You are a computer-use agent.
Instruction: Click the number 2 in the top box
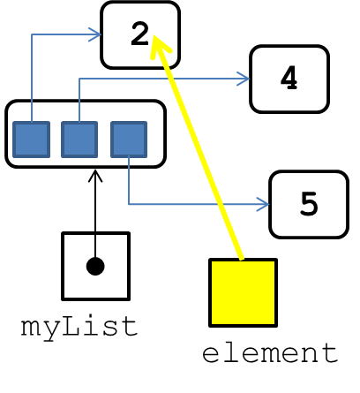(x=139, y=34)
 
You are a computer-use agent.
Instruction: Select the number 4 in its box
(x=289, y=78)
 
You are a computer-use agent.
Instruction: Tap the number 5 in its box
(x=309, y=203)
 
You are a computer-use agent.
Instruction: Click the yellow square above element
(x=243, y=292)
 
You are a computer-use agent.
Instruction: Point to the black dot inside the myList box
(x=95, y=267)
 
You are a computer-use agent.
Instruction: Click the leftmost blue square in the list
(x=32, y=140)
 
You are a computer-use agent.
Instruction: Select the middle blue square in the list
(x=79, y=140)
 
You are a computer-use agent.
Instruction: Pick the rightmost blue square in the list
(x=129, y=140)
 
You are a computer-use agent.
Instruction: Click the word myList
(x=79, y=328)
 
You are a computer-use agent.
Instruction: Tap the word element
(x=270, y=353)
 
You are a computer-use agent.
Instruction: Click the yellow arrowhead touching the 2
(x=161, y=47)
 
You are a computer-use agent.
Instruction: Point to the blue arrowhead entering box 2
(x=95, y=34)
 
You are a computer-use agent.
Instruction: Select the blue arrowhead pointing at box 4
(x=244, y=79)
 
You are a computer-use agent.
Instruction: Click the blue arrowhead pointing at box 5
(x=263, y=204)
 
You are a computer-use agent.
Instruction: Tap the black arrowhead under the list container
(x=95, y=176)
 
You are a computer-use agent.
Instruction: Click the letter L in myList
(x=70, y=326)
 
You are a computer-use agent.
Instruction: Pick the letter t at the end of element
(x=330, y=352)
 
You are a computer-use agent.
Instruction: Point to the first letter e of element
(x=211, y=355)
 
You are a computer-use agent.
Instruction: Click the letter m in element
(x=270, y=355)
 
